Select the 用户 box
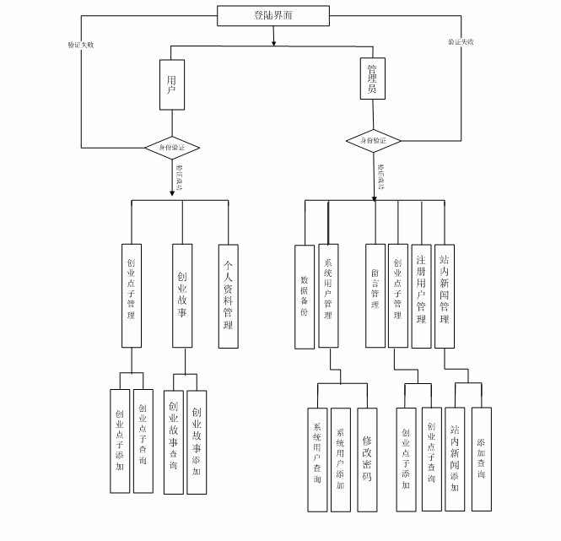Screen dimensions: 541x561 [172, 84]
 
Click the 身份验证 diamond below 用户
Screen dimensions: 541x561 [172, 148]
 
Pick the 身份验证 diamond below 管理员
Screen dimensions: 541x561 [374, 140]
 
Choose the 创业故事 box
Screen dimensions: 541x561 [183, 295]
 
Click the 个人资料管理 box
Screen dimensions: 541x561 [228, 295]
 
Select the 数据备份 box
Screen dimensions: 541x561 [304, 295]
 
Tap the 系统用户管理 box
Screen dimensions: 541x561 [328, 295]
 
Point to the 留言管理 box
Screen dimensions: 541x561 [375, 295]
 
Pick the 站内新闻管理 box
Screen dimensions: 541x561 [445, 295]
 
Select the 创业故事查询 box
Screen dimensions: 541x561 [173, 441]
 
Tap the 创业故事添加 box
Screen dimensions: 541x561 [197, 441]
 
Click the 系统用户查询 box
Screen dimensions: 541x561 [317, 459]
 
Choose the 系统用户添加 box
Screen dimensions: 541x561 [341, 459]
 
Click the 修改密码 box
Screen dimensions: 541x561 [367, 459]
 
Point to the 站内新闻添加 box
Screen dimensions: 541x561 [456, 458]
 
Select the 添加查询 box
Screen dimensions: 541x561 [481, 458]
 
